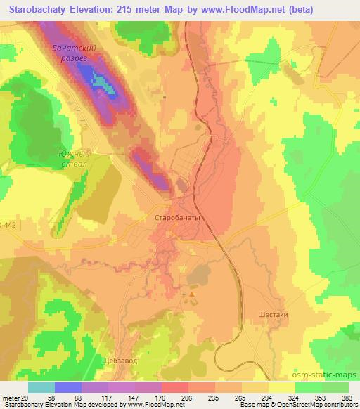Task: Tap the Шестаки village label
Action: click(x=274, y=315)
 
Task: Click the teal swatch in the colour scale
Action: click(x=41, y=387)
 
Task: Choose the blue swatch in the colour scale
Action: click(x=68, y=387)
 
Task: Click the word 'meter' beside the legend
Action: click(x=9, y=397)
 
